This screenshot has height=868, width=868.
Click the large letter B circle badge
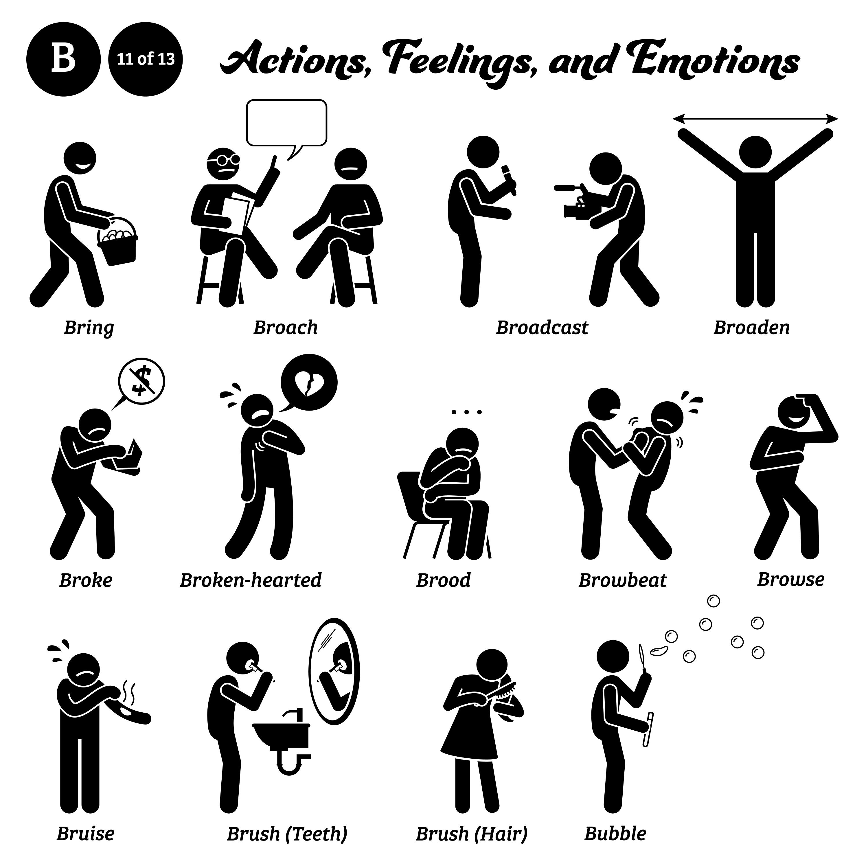(63, 59)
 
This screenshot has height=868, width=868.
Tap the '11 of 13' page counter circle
(146, 59)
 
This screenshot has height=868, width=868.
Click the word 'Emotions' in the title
(714, 63)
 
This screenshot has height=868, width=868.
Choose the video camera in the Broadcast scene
(575, 205)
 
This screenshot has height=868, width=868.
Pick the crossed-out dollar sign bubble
(141, 381)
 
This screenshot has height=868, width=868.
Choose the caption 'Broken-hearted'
(251, 580)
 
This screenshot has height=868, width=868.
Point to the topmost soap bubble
(713, 601)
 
